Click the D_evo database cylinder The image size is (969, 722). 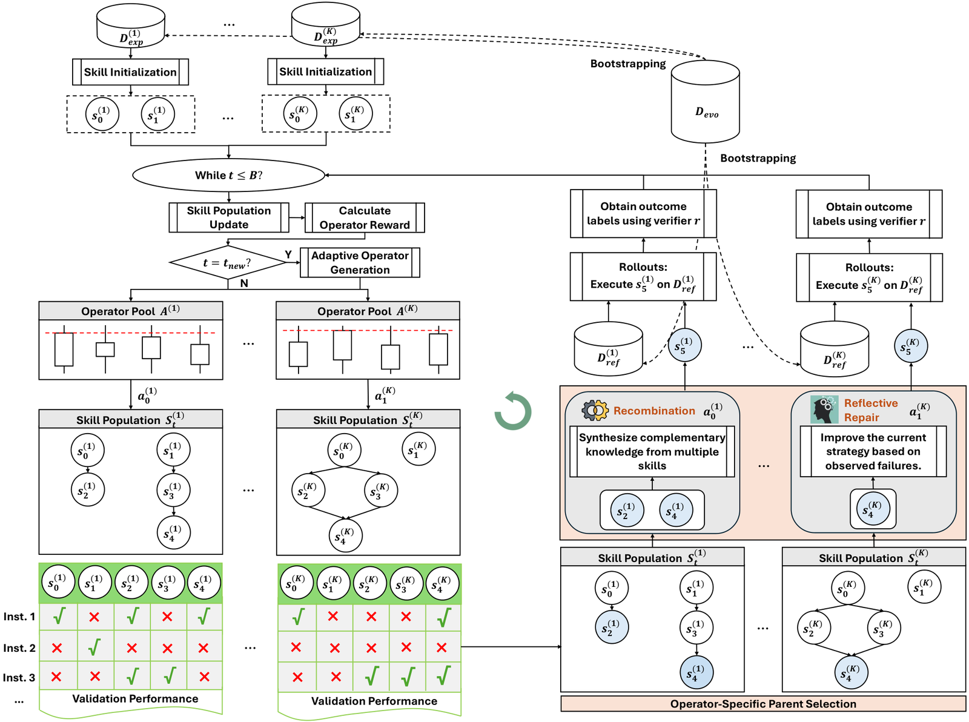705,101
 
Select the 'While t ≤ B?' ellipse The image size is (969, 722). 228,175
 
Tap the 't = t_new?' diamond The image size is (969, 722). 228,262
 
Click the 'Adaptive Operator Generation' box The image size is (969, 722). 360,262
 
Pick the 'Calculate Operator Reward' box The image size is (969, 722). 365,217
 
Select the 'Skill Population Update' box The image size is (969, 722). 229,217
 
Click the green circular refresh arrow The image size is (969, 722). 512,411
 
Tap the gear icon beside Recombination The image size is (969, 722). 595,411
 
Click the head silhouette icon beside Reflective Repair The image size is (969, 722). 824,409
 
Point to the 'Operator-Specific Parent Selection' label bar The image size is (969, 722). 763,704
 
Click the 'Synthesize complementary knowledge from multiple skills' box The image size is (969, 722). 652,451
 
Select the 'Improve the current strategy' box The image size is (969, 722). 873,451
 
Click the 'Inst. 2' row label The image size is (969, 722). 19,647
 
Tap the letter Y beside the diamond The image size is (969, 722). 288,254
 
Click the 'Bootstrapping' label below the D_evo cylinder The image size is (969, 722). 758,158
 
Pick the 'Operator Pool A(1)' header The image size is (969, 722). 131,311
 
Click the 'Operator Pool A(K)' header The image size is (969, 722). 368,311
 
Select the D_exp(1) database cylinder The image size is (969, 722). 131,26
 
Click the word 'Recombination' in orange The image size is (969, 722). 654,411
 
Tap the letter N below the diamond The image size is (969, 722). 244,283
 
